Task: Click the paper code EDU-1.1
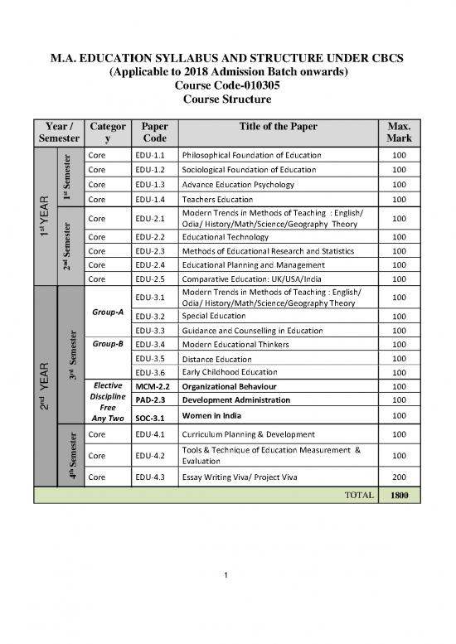click(x=149, y=155)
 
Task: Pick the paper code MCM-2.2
click(x=152, y=386)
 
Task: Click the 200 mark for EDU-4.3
click(x=400, y=477)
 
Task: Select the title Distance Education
click(x=216, y=359)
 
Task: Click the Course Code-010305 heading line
click(x=227, y=85)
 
